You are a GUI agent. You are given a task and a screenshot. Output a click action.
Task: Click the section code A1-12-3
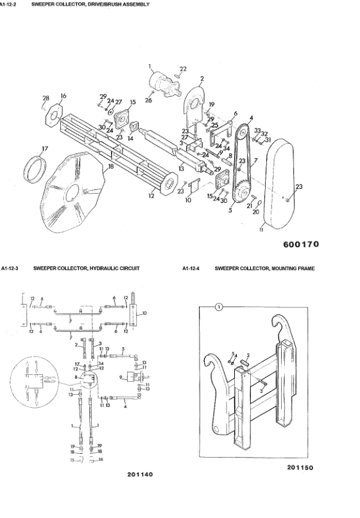pos(12,268)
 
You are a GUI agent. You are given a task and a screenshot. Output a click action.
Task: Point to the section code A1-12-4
pos(192,268)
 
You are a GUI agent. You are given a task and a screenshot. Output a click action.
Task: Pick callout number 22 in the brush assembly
pos(183,69)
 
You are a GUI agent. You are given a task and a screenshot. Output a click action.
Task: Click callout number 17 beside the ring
pos(44,149)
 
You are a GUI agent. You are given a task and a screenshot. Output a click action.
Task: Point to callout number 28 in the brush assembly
pos(46,98)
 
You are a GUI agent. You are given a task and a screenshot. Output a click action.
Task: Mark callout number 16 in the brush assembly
pos(63,96)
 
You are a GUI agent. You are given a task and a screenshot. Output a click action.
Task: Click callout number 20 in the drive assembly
pos(256,212)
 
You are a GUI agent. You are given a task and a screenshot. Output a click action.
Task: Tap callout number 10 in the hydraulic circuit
pos(145,313)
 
